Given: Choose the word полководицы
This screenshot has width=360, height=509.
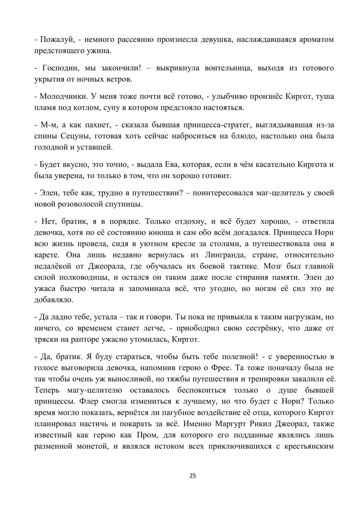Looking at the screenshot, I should point(79,278).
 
